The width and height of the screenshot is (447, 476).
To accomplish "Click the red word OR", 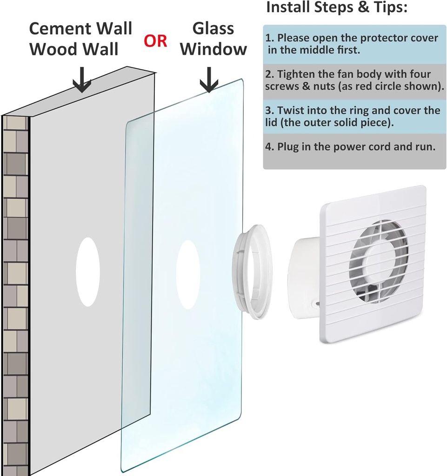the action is tap(155, 41).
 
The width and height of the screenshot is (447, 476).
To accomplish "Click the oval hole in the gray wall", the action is tap(88, 271).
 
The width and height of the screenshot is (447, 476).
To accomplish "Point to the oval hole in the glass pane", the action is tap(188, 275).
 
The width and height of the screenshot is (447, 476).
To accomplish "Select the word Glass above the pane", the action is tap(213, 28).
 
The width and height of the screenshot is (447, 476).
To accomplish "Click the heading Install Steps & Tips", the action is tap(337, 7).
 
